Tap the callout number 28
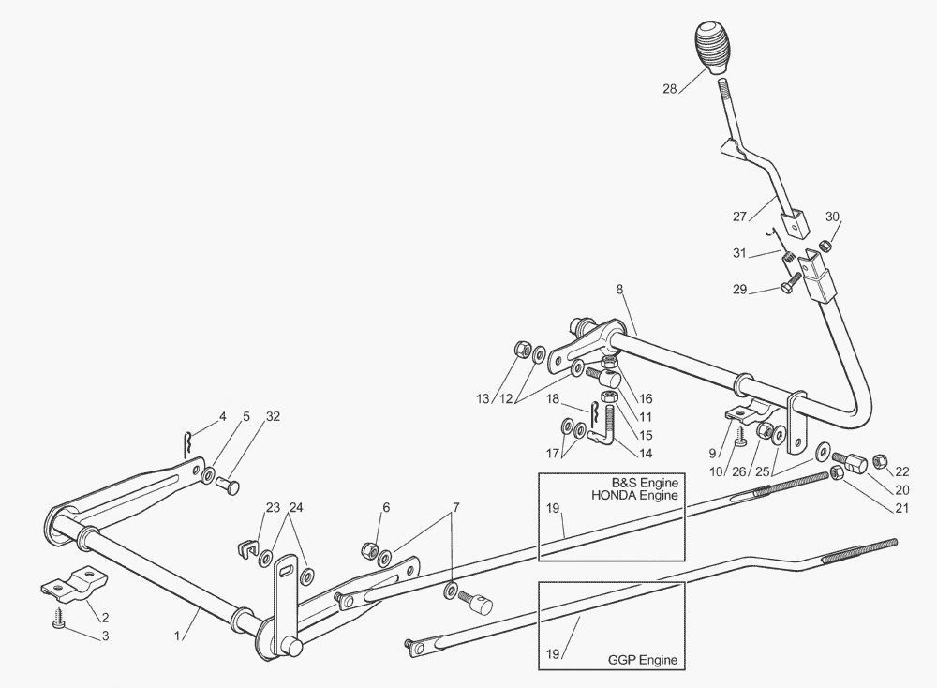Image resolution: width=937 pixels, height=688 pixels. point(670,89)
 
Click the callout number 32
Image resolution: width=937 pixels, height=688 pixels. point(273,415)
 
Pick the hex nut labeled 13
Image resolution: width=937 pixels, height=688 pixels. point(522,351)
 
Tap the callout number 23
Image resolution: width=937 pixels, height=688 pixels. point(273,508)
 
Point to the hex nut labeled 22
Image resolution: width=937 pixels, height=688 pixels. point(881,460)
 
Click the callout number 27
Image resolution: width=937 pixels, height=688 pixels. point(740,216)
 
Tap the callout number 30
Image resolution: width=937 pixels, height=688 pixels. point(832,217)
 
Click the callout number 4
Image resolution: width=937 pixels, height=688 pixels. point(223,415)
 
